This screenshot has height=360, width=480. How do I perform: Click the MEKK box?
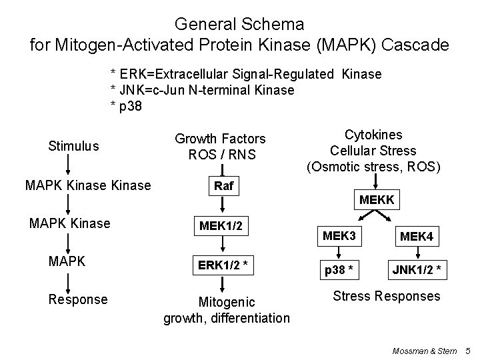377,200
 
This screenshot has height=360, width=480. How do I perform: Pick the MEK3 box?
339,236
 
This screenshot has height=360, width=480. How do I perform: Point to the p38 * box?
339,271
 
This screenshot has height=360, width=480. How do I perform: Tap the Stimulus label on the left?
73,145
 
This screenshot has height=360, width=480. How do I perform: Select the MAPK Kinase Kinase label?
88,185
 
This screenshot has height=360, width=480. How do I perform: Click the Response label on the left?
78,299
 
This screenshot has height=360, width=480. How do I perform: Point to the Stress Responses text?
386,295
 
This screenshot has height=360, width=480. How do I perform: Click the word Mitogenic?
227,302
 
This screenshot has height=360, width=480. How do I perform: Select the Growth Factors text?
220,139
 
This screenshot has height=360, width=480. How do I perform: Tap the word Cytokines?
373,134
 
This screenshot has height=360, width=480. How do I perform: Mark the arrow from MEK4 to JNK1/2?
417,254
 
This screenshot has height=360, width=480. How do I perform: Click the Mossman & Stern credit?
424,350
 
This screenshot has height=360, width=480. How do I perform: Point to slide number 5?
467,350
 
